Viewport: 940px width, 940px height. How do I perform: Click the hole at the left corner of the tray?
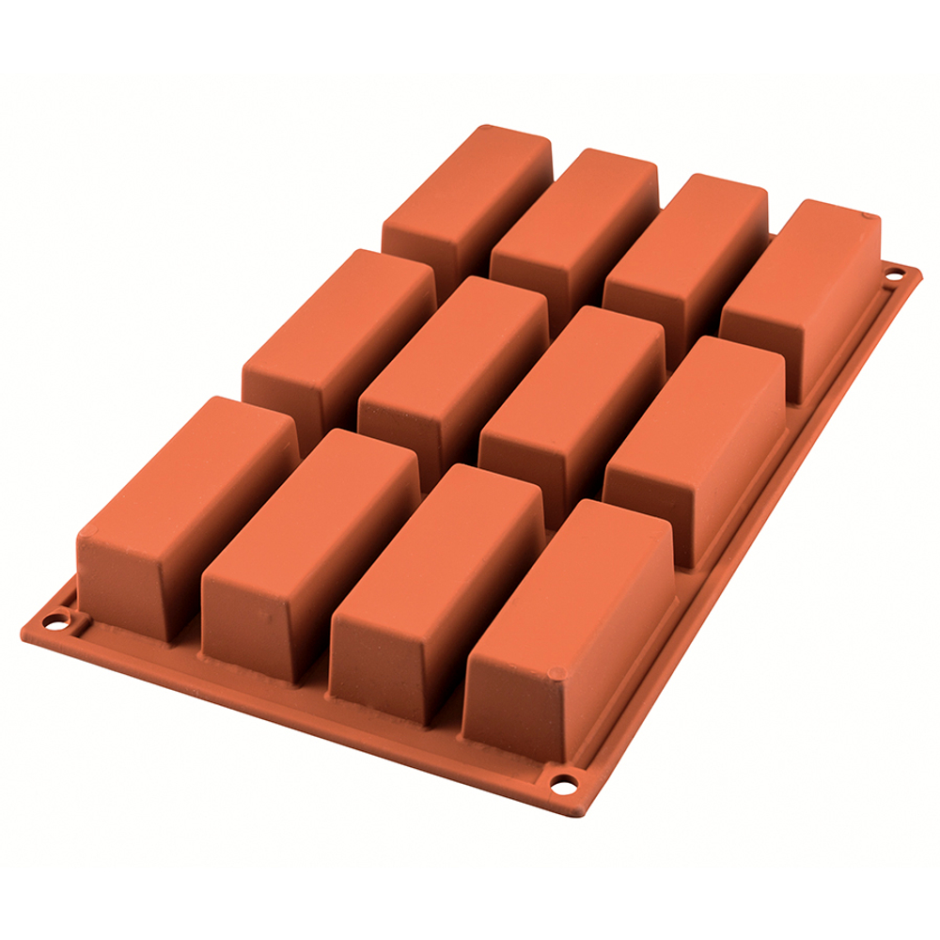pyautogui.click(x=61, y=621)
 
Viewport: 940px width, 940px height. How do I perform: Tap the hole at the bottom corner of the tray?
pyautogui.click(x=563, y=782)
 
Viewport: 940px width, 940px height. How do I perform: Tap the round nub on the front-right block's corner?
pyautogui.click(x=556, y=673)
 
